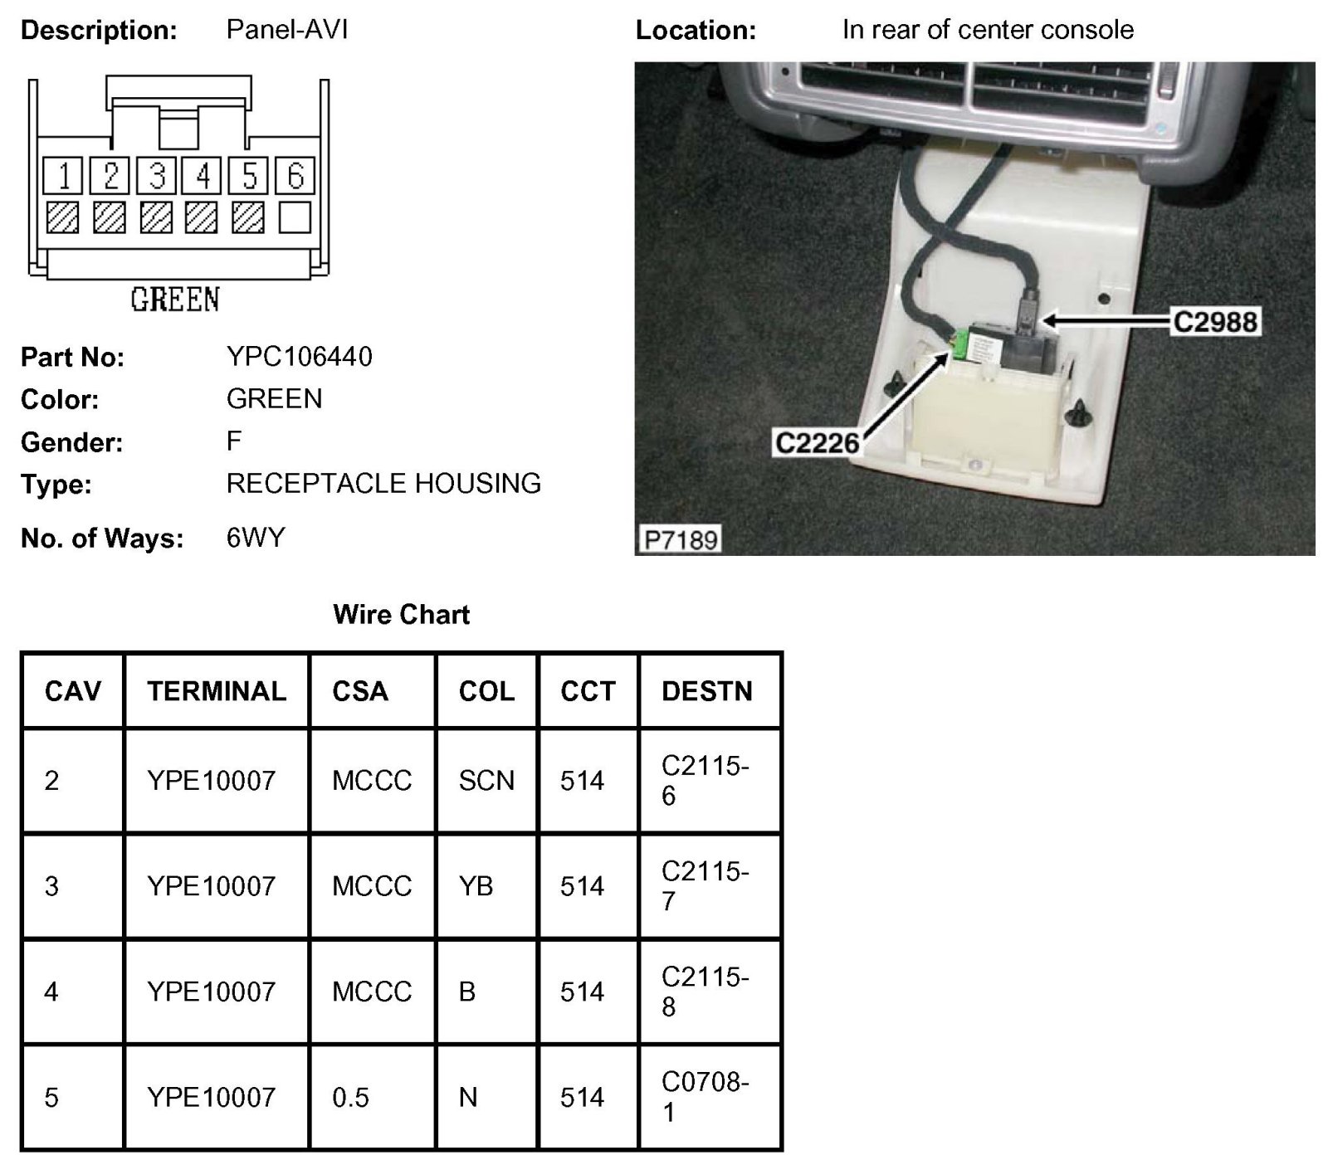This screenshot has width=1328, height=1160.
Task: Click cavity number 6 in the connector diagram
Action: (295, 175)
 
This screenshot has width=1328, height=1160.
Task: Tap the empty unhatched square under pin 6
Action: (295, 217)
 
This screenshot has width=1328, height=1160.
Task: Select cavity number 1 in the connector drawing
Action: (63, 175)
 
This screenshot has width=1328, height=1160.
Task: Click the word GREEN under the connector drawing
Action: (175, 299)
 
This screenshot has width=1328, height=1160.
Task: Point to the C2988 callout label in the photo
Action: (1214, 321)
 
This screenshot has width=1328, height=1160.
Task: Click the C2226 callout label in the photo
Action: (816, 442)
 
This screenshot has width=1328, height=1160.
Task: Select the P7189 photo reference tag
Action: (681, 540)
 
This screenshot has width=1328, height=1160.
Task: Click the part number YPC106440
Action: (299, 357)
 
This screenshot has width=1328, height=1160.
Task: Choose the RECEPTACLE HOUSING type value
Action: (383, 483)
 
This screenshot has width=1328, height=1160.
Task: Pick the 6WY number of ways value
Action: (256, 538)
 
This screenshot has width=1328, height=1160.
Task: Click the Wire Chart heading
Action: (401, 614)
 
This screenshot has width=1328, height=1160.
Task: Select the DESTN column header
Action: (706, 691)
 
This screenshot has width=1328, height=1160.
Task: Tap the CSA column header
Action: (359, 691)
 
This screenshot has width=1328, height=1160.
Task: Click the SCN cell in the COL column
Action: (486, 781)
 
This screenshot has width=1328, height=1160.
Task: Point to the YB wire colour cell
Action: (476, 886)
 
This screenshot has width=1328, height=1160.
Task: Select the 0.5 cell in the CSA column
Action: (350, 1098)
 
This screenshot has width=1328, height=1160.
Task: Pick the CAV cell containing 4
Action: (51, 992)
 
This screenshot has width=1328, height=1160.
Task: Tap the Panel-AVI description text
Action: (286, 30)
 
